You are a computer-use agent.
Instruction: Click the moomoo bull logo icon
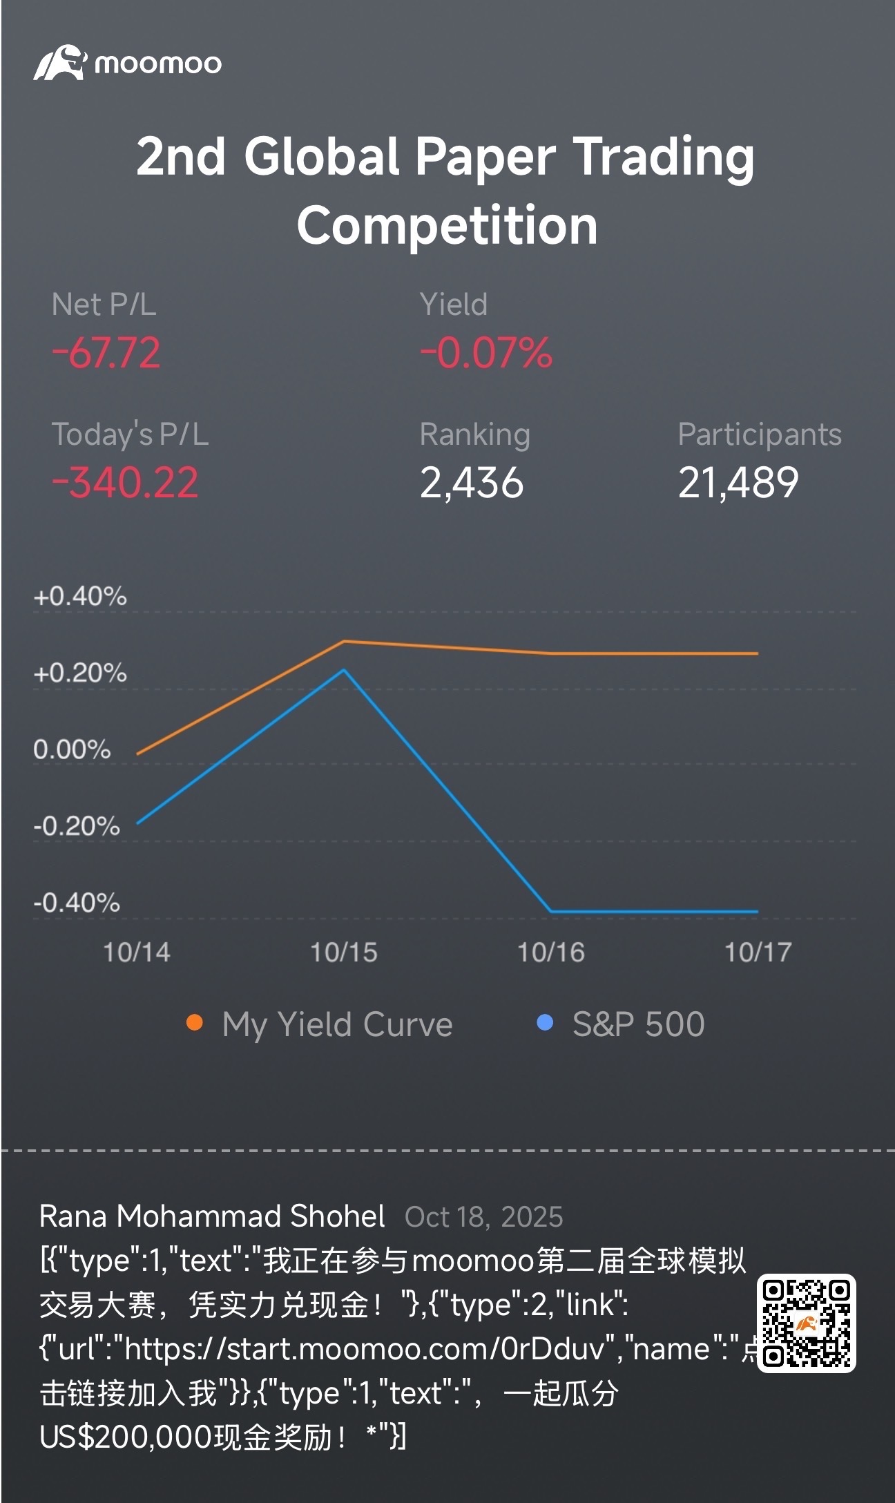tap(60, 63)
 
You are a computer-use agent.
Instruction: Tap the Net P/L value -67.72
tap(106, 353)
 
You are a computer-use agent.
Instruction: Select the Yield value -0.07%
tap(486, 353)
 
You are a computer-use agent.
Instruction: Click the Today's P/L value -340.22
tap(125, 482)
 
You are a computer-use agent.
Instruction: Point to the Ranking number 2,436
tap(472, 482)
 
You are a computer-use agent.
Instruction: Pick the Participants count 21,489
tap(738, 482)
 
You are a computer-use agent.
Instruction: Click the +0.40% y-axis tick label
tap(80, 596)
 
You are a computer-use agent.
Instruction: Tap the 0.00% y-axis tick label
tap(72, 749)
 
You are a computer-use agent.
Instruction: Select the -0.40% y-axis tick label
tap(77, 903)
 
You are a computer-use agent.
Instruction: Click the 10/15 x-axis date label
tap(344, 952)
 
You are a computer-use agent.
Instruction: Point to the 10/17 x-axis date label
tap(758, 952)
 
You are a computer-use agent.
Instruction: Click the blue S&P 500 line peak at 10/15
tap(344, 670)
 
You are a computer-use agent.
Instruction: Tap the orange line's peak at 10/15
tap(344, 642)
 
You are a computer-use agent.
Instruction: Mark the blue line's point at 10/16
tap(551, 911)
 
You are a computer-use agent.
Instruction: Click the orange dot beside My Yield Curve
tap(195, 1022)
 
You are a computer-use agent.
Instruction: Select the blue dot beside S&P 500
tap(545, 1022)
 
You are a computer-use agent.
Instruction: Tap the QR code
tap(806, 1323)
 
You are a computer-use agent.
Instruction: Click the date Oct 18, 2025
tap(483, 1217)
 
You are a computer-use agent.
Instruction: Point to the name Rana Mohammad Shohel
tap(212, 1216)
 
